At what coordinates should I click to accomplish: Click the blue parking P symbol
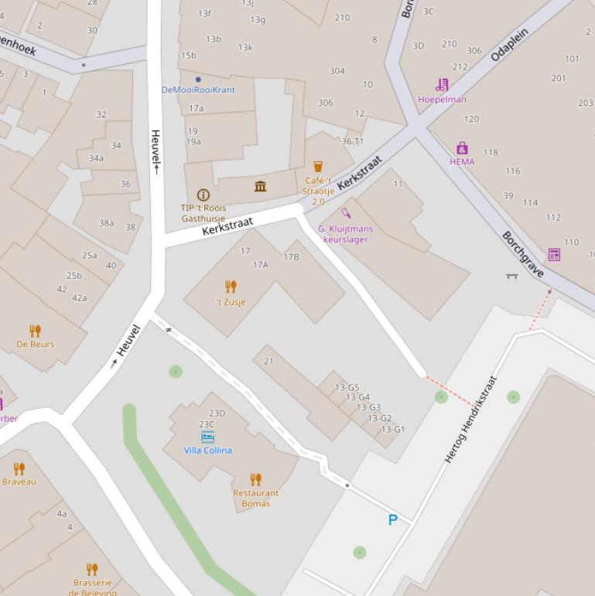pos(392,520)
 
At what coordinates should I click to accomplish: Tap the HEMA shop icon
pos(462,148)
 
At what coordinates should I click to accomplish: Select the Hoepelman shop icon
pos(442,85)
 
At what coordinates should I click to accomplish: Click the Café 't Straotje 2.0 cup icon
pos(317,166)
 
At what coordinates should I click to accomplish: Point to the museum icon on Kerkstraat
pos(260,187)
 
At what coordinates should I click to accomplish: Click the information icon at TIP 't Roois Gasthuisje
pos(203,195)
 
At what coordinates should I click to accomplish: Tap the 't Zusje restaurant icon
pos(231,287)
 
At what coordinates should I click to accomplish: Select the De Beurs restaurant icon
pos(35,331)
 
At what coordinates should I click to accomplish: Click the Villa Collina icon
pos(207,437)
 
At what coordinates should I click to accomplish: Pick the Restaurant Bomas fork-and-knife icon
pos(255,480)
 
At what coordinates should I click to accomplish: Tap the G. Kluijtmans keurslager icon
pos(346,213)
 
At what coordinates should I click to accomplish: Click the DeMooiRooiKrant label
pos(198,90)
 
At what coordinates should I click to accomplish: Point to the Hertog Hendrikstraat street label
pos(470,420)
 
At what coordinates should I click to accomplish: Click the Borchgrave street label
pos(523,254)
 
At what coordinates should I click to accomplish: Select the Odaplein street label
pos(510,45)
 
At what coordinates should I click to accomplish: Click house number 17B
pos(291,257)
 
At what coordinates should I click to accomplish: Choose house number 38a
pos(106,223)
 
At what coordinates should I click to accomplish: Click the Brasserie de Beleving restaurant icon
pos(92,570)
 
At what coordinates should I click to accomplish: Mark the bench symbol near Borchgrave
pos(511,275)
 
